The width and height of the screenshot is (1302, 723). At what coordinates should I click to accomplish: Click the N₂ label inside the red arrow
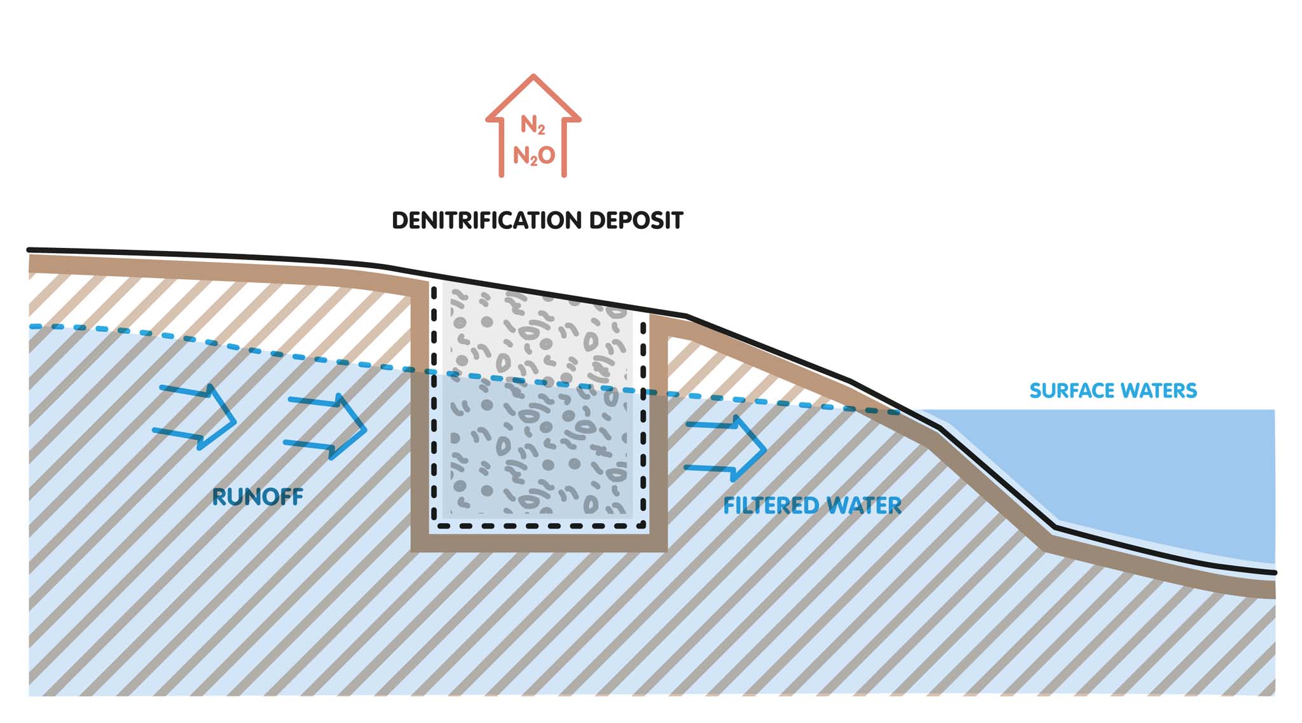pos(533,125)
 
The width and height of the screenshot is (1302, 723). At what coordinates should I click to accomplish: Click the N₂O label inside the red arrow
pos(534,155)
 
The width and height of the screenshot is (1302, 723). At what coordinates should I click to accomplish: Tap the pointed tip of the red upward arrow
pos(533,77)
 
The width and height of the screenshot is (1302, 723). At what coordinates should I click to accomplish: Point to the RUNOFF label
pos(257,497)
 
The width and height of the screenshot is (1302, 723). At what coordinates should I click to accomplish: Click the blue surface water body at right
pos(1144,471)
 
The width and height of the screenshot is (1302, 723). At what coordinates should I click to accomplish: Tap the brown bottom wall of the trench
pos(539,542)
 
